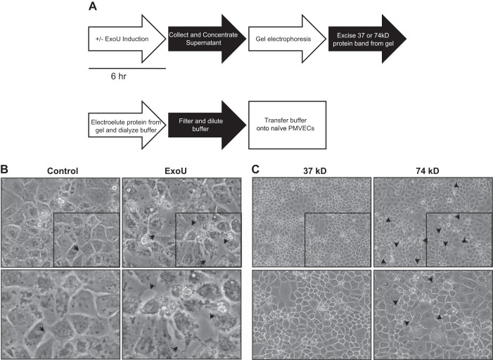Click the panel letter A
[94, 7]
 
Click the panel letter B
[5, 170]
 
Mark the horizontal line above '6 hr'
[127, 69]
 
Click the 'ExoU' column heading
[181, 171]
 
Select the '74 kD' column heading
[432, 171]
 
